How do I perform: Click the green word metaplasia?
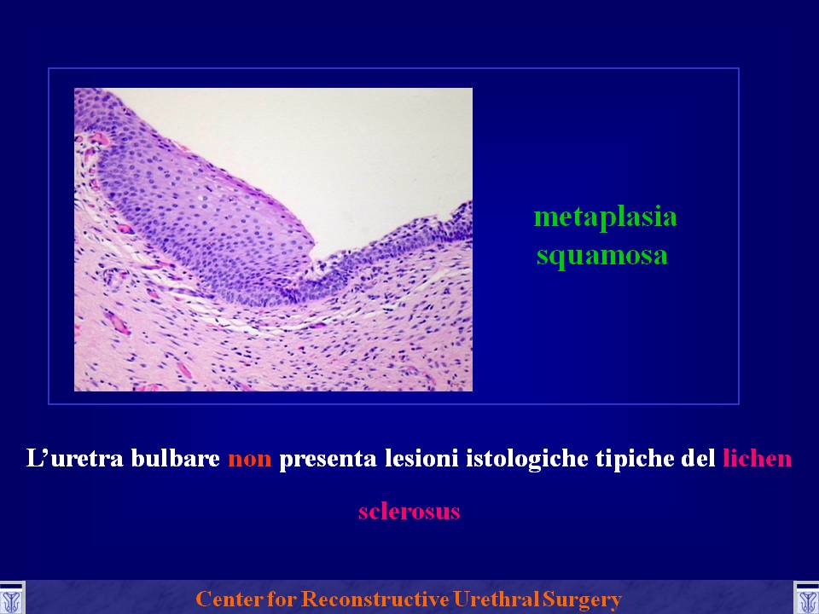coord(606,217)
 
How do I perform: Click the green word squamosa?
coord(601,255)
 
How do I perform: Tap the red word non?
coord(250,459)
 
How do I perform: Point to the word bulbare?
coord(176,458)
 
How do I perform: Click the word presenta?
coord(328,460)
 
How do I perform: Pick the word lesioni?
coord(421,458)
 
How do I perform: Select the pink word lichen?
coord(758,458)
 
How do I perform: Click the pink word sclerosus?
coord(409,511)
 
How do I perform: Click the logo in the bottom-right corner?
coord(806,599)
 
